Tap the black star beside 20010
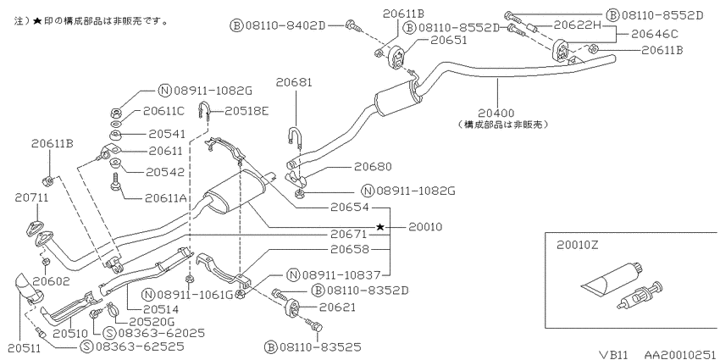click(x=380, y=227)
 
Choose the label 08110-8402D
click(x=285, y=25)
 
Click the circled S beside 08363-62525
click(x=86, y=346)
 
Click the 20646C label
click(x=655, y=34)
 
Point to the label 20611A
click(x=166, y=198)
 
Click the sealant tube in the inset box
click(x=611, y=277)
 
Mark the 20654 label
click(x=351, y=208)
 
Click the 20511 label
click(x=21, y=350)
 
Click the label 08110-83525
click(x=319, y=346)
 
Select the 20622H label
click(x=577, y=25)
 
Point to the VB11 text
click(x=615, y=354)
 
